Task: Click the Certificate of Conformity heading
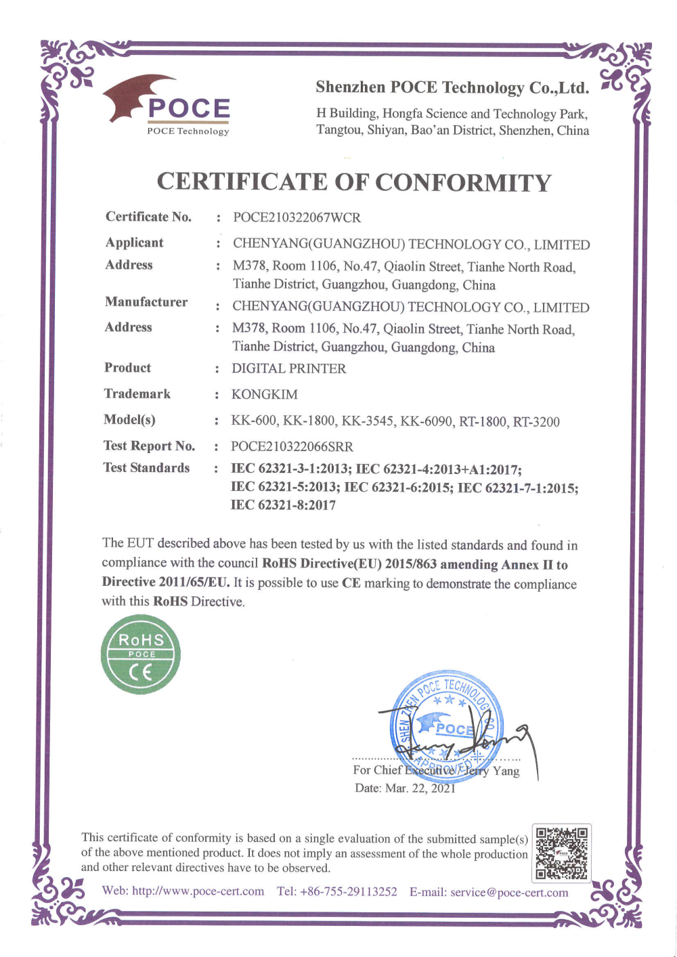click(x=354, y=182)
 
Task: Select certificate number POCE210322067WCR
click(x=297, y=217)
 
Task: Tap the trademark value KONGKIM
click(x=265, y=394)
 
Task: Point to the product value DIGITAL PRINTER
click(x=289, y=368)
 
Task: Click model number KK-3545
click(x=368, y=421)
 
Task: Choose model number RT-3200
click(x=536, y=422)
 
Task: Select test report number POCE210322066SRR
click(x=292, y=446)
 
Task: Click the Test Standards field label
click(x=146, y=467)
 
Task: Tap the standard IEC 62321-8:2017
click(x=284, y=505)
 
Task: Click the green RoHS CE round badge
click(x=141, y=654)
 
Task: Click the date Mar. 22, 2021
click(x=420, y=788)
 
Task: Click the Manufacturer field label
click(x=146, y=302)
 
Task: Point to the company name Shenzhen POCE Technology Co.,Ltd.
click(x=452, y=87)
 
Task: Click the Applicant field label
click(x=135, y=242)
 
